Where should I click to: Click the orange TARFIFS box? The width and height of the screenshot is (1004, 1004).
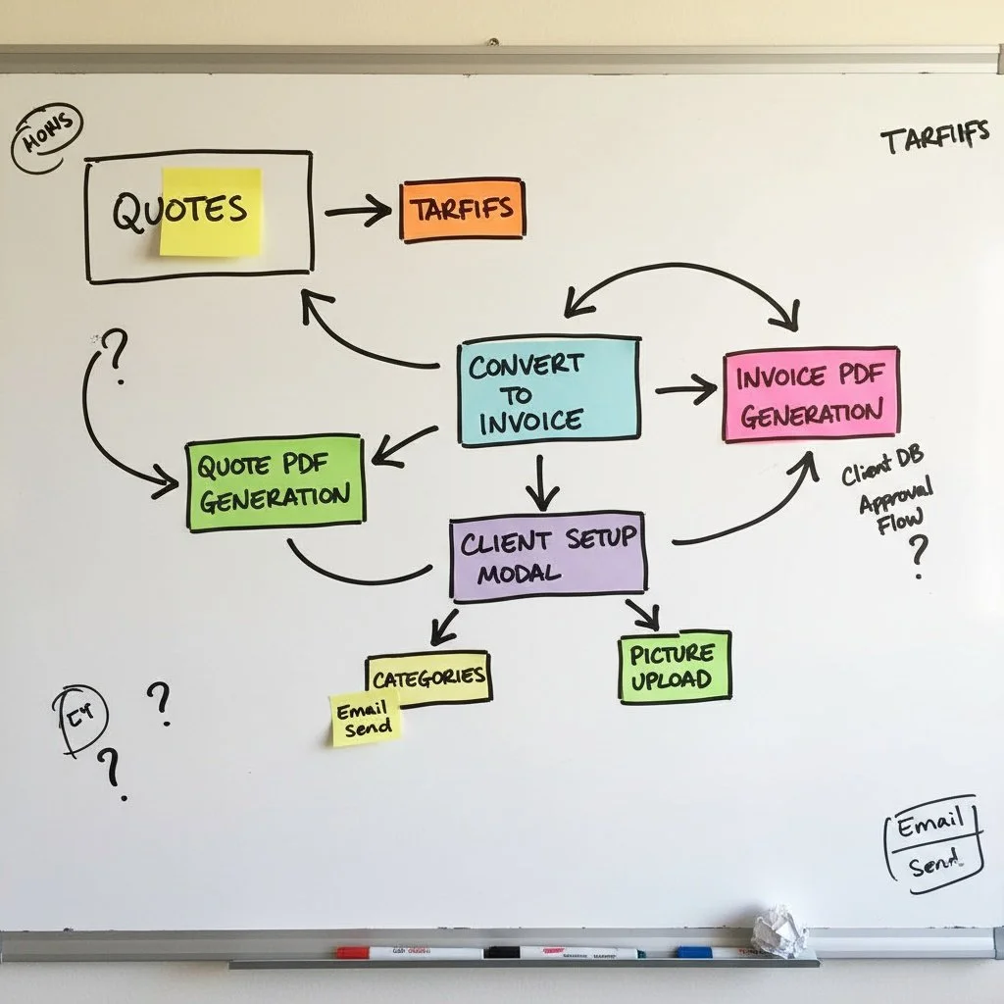462,210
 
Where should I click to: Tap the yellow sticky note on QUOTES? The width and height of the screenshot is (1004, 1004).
212,212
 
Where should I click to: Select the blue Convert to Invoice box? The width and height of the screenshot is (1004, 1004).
549,390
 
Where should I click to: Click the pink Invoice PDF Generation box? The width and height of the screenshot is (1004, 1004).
811,393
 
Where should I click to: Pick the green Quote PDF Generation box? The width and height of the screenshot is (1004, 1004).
275,482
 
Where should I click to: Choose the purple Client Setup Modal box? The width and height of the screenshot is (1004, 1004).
548,554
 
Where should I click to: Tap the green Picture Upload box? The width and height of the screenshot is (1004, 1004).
675,667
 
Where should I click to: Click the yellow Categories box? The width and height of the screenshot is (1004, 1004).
428,676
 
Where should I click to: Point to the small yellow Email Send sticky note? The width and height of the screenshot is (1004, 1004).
365,719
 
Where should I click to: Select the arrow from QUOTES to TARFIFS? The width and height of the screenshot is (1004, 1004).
357,211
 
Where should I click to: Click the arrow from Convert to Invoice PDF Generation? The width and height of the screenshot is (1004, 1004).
686,390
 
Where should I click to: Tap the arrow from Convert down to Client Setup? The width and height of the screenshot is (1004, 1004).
540,480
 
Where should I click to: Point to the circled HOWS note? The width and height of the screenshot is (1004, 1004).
46,139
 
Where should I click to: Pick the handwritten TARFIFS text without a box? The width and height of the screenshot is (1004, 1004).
933,138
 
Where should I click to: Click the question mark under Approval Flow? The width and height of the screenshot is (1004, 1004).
918,556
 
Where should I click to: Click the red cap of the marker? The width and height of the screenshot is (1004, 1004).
351,952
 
